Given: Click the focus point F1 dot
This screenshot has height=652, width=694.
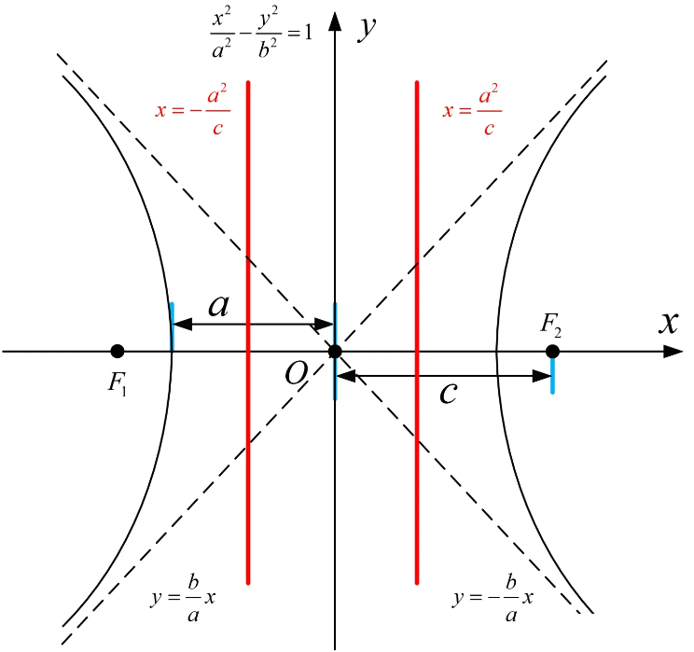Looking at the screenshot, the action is point(118,352).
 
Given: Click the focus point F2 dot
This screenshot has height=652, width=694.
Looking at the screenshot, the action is point(552,352).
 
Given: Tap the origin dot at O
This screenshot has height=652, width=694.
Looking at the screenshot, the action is point(335,352).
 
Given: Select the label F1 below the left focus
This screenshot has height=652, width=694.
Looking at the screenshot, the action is point(118,383).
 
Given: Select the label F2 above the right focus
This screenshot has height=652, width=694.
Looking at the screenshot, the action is point(551,326).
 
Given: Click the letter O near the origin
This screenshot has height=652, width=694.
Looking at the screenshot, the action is point(296,374).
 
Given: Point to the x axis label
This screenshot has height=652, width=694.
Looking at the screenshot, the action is point(668,322).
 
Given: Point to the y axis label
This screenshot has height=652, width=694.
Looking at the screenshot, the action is point(367,29).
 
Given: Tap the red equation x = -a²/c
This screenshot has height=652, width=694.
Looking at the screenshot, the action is point(193,110).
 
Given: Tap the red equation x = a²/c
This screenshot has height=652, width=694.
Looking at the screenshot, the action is point(472,110).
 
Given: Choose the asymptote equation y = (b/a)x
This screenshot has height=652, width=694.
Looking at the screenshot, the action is point(183,598).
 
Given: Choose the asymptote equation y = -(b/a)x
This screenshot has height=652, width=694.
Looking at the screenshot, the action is point(493,598).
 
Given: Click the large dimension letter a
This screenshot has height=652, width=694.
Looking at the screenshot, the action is point(219,305).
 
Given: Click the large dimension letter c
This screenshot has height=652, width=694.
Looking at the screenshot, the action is point(449,392).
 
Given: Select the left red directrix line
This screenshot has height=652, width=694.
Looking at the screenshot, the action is point(248,332).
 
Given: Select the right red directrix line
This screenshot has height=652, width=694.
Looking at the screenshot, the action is point(417,332).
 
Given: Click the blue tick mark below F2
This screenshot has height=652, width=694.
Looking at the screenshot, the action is point(552,375).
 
